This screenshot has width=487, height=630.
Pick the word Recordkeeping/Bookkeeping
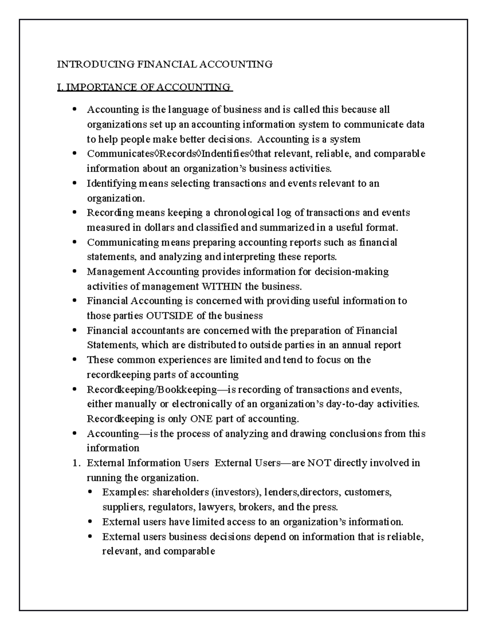tap(152, 390)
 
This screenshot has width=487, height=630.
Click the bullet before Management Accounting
tap(74, 272)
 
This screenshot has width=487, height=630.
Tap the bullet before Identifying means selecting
tap(74, 183)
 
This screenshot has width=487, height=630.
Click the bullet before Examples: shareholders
tap(90, 492)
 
